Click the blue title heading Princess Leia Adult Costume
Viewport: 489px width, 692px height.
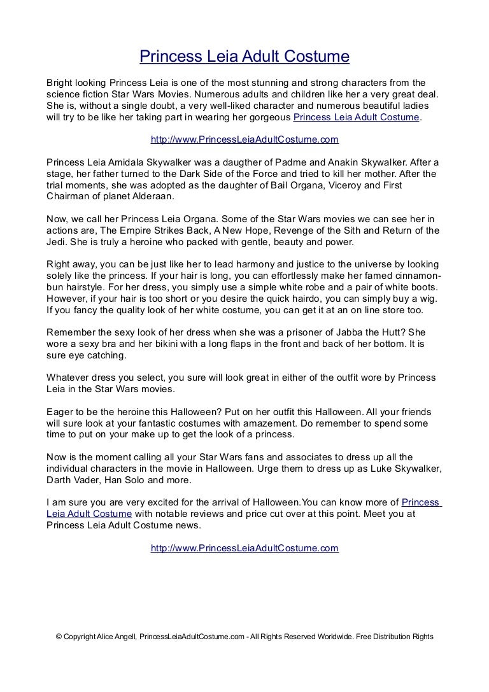tap(244, 57)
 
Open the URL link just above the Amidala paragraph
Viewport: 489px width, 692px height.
tap(244, 139)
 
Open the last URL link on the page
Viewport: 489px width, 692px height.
tap(244, 547)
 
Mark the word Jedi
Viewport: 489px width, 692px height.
tap(56, 243)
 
